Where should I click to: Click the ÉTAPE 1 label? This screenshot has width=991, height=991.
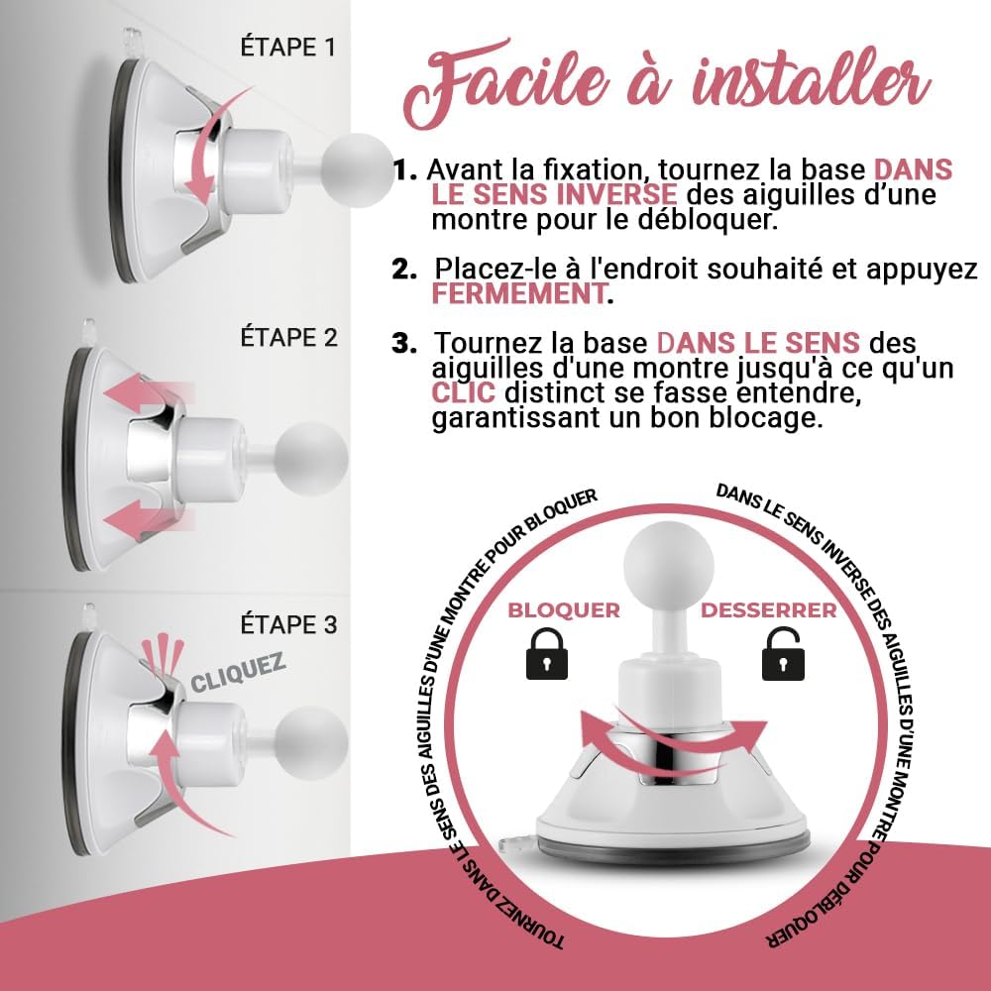click(287, 48)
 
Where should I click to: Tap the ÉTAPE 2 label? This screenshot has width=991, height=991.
click(288, 338)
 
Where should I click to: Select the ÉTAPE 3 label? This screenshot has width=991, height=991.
click(288, 624)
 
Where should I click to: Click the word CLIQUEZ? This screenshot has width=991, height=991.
click(238, 675)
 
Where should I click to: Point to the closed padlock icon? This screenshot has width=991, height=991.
click(547, 653)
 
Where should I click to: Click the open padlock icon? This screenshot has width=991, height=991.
click(783, 653)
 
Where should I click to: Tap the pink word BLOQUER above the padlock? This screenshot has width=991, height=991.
click(564, 610)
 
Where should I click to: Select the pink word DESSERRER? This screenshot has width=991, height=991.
click(769, 610)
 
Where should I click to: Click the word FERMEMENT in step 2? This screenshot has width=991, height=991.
click(518, 294)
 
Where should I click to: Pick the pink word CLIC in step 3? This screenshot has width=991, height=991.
click(463, 392)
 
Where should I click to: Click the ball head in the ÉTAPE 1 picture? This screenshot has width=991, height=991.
click(357, 170)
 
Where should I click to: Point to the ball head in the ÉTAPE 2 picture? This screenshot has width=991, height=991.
click(312, 458)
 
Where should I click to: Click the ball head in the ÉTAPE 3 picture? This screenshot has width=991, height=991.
click(312, 742)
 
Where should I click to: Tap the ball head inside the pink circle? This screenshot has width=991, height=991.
click(668, 565)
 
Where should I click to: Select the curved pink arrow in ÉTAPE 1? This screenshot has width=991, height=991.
click(212, 147)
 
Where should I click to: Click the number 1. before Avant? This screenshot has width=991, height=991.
click(405, 169)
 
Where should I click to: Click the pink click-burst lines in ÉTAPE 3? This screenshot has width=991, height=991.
click(163, 655)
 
